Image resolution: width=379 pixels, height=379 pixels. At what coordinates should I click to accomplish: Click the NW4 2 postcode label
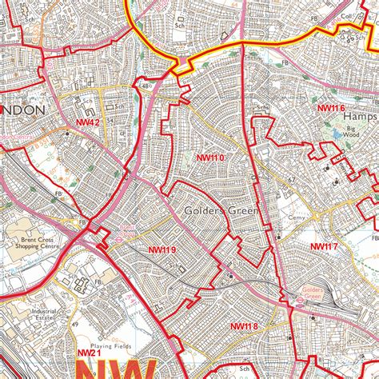(88, 122)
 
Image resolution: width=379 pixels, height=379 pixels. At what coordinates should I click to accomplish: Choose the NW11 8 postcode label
(244, 326)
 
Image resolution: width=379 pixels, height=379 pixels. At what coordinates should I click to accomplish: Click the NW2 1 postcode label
(89, 353)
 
